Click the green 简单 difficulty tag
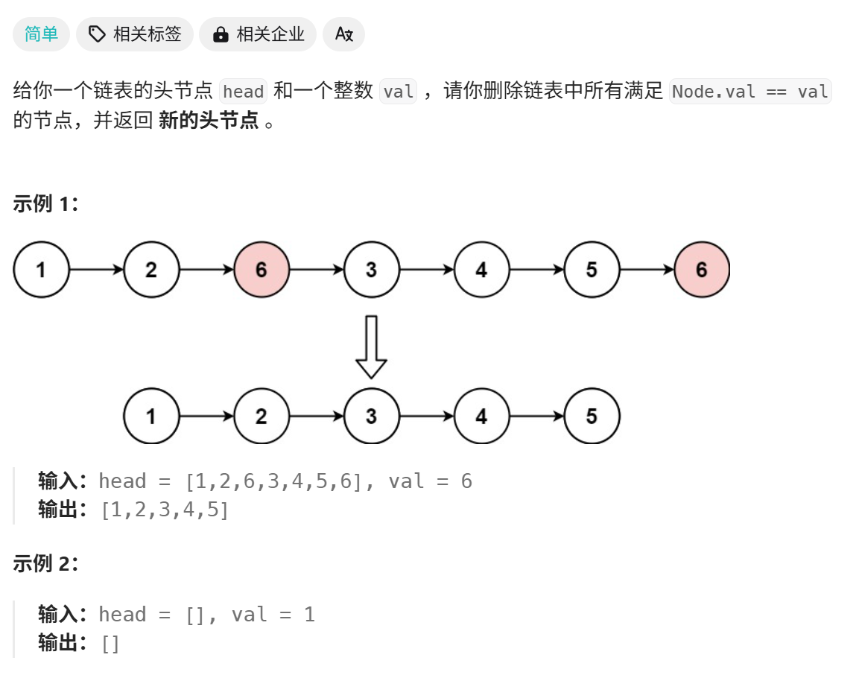click(x=41, y=34)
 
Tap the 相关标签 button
click(x=135, y=34)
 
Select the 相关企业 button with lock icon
click(x=258, y=34)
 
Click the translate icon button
click(x=343, y=34)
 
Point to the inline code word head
click(x=244, y=92)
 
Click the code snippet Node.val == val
click(x=750, y=92)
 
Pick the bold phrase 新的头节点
click(x=209, y=121)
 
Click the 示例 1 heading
click(x=45, y=204)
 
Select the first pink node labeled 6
click(x=261, y=270)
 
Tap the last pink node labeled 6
click(x=702, y=270)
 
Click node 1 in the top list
click(x=41, y=270)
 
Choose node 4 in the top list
click(x=481, y=270)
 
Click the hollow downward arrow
click(x=371, y=346)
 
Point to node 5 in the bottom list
click(x=592, y=416)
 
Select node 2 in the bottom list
click(x=261, y=416)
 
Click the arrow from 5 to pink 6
click(x=647, y=270)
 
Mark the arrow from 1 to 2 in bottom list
click(x=206, y=416)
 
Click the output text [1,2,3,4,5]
click(x=165, y=510)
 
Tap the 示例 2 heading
click(x=45, y=564)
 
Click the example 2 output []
click(x=110, y=644)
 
